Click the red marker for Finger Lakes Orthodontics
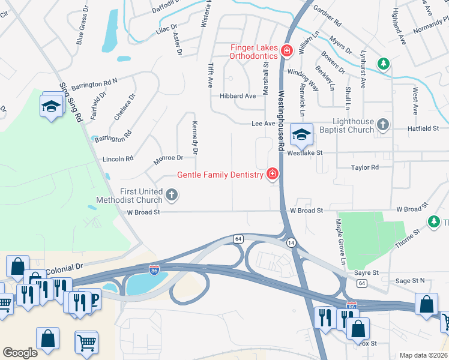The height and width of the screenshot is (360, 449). [286, 50]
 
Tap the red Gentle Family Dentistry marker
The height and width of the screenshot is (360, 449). [273, 175]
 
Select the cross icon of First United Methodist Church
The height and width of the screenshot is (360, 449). [172, 194]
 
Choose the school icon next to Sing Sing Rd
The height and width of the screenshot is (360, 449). [52, 107]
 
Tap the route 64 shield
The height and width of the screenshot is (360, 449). [238, 239]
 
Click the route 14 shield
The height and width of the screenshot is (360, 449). [291, 242]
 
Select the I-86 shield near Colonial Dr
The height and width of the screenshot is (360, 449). [154, 270]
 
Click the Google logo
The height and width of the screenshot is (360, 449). [20, 352]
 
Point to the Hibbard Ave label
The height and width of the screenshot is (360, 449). [238, 96]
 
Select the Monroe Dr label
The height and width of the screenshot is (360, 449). [168, 158]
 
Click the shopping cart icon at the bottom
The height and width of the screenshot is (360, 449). [86, 343]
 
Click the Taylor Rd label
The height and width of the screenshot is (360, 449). [365, 168]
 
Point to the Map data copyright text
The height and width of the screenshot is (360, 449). [423, 355]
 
